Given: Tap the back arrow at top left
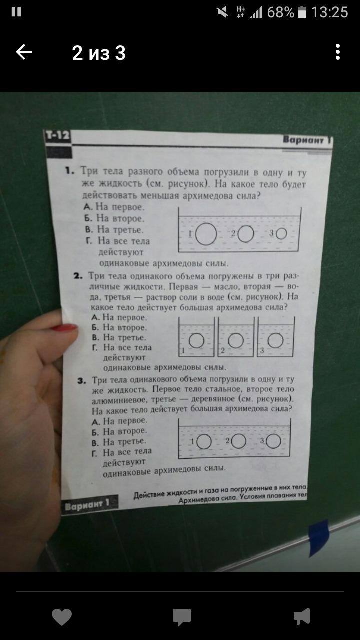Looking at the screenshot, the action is point(24,52).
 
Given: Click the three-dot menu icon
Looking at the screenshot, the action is point(338,52).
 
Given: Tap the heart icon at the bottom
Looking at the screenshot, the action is point(62,616).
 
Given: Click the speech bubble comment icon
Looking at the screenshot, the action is point(181,617).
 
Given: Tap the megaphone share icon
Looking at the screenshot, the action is point(302,616).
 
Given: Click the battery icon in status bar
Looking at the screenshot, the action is point(302,12).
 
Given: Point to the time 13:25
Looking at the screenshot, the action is point(329,13).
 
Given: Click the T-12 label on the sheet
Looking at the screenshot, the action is point(57,135).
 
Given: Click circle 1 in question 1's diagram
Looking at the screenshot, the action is point(206,234).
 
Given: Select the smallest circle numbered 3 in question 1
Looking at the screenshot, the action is point(281,233).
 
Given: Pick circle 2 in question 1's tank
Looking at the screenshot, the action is point(245,234).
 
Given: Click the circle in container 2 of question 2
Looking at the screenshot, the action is point(236,340).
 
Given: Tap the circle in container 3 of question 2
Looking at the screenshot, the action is point(275,340).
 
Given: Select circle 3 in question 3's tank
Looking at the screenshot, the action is point(273,441).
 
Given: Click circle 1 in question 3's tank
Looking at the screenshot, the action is point(204,442).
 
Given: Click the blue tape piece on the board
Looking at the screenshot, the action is point(319,538).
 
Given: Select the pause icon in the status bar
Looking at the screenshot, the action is point(16,12).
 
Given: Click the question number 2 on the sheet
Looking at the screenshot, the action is point(78,276).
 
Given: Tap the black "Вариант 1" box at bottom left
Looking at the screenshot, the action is point(89,504).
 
